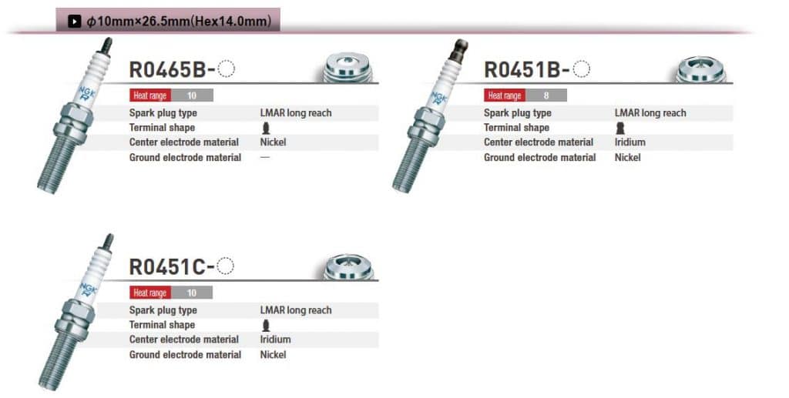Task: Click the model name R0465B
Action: pos(167,70)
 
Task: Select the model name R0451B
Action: pos(522,70)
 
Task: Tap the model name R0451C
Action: pos(167,267)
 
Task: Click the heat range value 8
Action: pos(546,95)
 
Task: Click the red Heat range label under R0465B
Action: pos(150,95)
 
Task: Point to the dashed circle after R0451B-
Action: pos(582,69)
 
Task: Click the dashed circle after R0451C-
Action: pos(226,266)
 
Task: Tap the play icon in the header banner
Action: pos(75,21)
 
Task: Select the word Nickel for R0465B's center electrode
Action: pos(274,142)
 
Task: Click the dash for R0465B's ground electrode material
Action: pos(265,157)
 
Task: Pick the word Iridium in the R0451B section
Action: pos(630,142)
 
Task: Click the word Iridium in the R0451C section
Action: pos(275,339)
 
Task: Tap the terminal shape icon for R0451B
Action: pos(620,128)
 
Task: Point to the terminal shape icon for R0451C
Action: pos(266,325)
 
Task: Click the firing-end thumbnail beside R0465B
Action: pos(347,67)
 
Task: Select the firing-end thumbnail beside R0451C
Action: pos(347,266)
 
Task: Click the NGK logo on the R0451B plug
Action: pos(438,97)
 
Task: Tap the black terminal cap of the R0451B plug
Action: pos(458,51)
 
